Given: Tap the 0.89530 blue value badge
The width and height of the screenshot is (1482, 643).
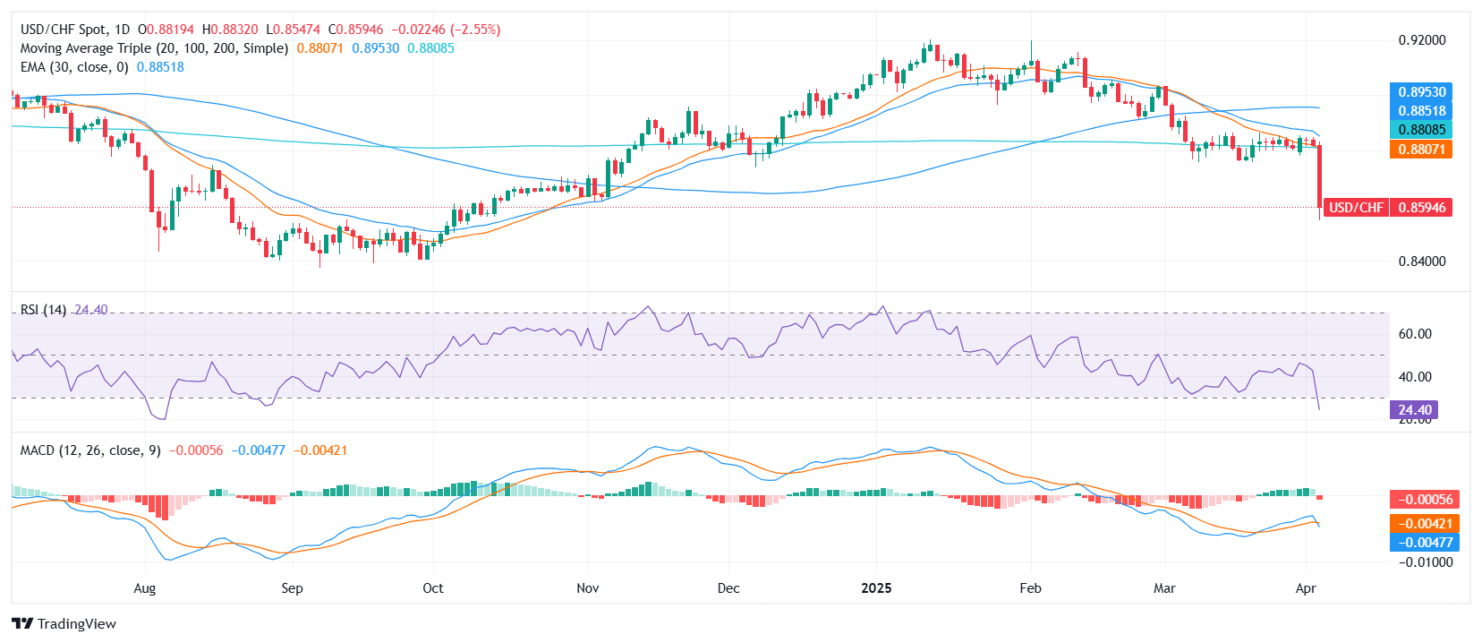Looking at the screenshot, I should click(x=1422, y=92).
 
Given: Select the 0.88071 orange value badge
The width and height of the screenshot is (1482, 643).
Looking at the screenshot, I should click(x=1422, y=150).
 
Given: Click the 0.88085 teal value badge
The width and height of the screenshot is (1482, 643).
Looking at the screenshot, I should click(x=1422, y=130).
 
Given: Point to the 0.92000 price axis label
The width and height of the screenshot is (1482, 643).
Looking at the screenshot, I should click(x=1422, y=40).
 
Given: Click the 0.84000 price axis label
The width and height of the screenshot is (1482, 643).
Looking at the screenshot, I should click(x=1422, y=261).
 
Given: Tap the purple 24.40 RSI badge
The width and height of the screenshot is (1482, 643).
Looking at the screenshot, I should click(x=1414, y=410).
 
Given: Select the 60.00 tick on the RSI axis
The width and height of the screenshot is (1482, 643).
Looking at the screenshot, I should click(x=1415, y=334).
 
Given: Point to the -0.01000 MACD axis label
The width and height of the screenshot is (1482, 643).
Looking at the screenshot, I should click(x=1425, y=562).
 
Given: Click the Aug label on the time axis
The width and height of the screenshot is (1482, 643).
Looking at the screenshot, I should click(x=144, y=588).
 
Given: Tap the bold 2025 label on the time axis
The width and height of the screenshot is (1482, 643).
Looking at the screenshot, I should click(x=876, y=588).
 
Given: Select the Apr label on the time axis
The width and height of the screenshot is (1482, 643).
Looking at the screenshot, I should click(x=1306, y=588).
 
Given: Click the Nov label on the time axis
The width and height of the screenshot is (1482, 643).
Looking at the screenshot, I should click(x=588, y=588).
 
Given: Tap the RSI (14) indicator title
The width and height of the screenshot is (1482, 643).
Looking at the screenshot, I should click(x=43, y=310).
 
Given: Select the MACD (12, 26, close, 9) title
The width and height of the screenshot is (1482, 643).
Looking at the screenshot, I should click(x=90, y=450).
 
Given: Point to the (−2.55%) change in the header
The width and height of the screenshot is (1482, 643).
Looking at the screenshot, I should click(x=473, y=30).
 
